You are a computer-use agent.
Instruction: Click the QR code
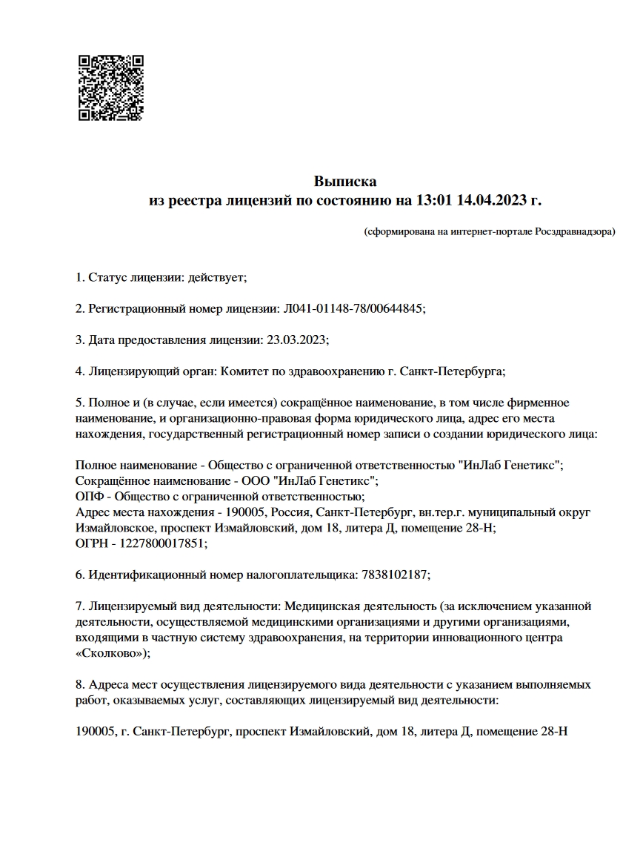point(111,87)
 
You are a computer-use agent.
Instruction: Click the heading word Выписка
point(345,181)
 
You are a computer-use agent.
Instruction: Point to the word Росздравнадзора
point(574,232)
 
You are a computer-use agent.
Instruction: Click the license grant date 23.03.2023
point(295,340)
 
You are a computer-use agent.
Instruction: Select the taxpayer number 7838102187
point(394,575)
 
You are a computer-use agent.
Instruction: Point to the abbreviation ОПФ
point(88,496)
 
